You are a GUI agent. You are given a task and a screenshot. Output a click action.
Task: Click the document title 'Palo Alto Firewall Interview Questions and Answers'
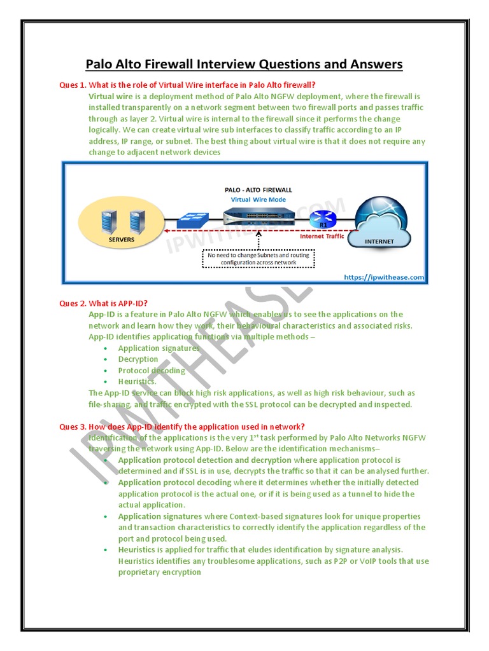click(x=244, y=64)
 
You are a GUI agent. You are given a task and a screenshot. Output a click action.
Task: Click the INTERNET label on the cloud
click(x=379, y=242)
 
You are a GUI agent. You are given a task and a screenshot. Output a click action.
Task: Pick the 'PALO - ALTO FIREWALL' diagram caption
click(x=259, y=189)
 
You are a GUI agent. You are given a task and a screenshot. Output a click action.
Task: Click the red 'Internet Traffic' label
click(x=322, y=236)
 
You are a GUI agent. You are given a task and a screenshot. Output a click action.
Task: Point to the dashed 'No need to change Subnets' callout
click(x=259, y=259)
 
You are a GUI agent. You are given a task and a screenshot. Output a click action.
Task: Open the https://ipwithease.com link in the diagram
click(x=383, y=277)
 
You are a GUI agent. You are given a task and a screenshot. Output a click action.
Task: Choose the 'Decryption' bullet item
click(x=138, y=359)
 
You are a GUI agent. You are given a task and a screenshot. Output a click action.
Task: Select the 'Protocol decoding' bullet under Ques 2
click(x=152, y=371)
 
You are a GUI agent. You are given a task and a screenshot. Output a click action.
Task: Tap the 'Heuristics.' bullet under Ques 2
click(x=137, y=381)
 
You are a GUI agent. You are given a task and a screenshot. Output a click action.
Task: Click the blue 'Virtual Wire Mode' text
click(x=259, y=199)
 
